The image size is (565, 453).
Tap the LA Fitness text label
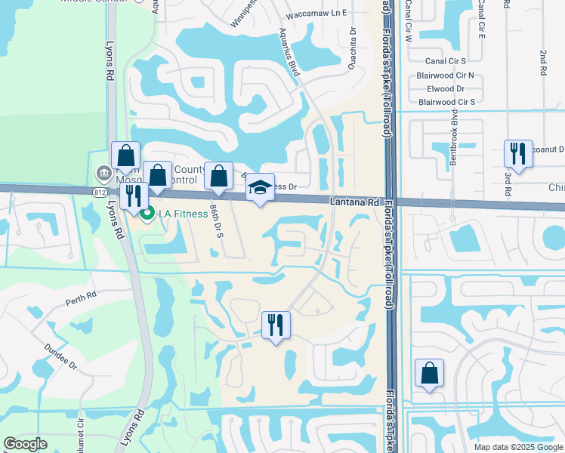pyautogui.click(x=182, y=214)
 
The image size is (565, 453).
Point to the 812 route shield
pyautogui.click(x=100, y=193)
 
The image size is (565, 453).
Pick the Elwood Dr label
pyautogui.click(x=446, y=88)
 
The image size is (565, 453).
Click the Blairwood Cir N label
pyautogui.click(x=446, y=75)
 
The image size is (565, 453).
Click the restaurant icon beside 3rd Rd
pyautogui.click(x=518, y=154)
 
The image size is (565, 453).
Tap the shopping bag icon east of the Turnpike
pyautogui.click(x=429, y=373)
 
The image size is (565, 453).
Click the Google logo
pyautogui.click(x=26, y=444)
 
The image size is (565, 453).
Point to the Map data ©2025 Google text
pyautogui.click(x=517, y=447)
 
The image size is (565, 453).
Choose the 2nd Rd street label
pyautogui.click(x=543, y=63)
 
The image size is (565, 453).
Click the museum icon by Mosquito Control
pyautogui.click(x=102, y=174)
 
